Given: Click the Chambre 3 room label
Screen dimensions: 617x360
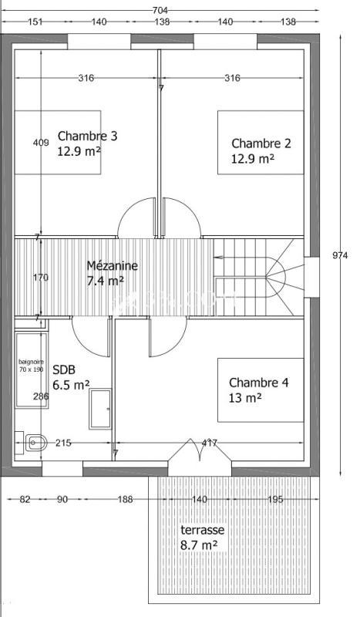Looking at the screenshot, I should click(x=87, y=137).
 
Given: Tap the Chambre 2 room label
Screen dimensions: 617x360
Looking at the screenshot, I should click(x=261, y=143).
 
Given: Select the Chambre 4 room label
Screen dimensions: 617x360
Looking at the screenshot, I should click(x=258, y=383).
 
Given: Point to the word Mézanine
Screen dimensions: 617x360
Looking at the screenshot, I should click(x=112, y=265).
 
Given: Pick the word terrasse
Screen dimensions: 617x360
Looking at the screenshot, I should click(x=202, y=531).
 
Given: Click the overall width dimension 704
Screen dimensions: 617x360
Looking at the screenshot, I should click(x=160, y=10).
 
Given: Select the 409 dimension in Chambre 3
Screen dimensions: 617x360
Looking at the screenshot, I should click(x=41, y=143).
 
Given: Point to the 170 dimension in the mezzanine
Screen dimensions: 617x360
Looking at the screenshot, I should click(x=41, y=277).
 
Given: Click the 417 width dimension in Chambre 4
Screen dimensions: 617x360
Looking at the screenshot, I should click(x=209, y=443).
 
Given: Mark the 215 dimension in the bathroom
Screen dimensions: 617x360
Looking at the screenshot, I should click(x=63, y=443).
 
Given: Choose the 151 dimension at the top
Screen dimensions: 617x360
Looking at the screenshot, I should click(x=35, y=22).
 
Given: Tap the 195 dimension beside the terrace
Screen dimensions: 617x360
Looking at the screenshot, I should click(x=274, y=500).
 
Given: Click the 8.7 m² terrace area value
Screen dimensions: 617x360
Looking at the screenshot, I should click(x=198, y=545).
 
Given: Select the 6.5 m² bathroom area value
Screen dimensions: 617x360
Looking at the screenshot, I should click(x=71, y=383).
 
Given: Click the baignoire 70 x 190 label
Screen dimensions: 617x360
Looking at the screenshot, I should click(x=32, y=366).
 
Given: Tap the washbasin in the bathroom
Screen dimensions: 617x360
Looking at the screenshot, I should click(x=34, y=443).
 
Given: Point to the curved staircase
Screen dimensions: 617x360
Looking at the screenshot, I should click(x=262, y=276).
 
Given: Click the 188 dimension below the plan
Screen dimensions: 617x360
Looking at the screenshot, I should click(x=125, y=500).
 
